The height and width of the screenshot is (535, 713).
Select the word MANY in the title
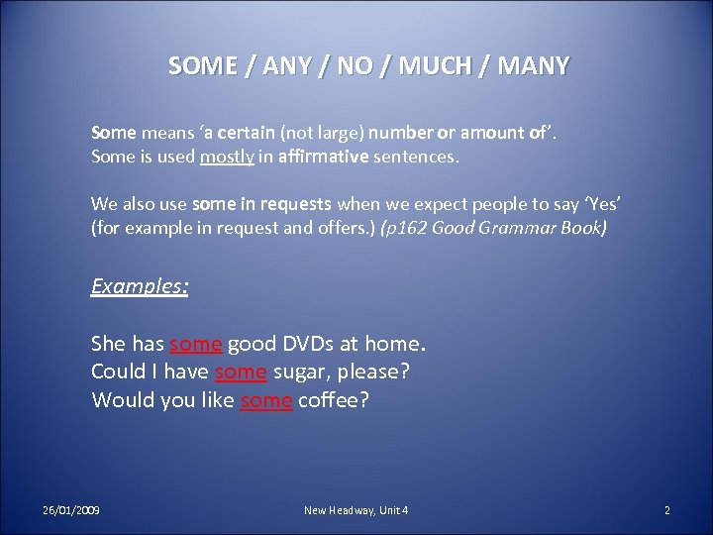(534, 66)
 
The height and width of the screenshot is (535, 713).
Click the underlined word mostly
(226, 157)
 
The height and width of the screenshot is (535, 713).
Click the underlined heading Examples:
(140, 286)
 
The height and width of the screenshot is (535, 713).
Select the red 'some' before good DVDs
(196, 345)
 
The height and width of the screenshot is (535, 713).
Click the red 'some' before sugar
(241, 373)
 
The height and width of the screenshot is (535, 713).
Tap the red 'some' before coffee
(266, 401)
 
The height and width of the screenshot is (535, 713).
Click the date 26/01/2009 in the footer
(71, 510)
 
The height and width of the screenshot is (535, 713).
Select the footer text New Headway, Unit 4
(356, 510)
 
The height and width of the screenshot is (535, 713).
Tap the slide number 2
(666, 510)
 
